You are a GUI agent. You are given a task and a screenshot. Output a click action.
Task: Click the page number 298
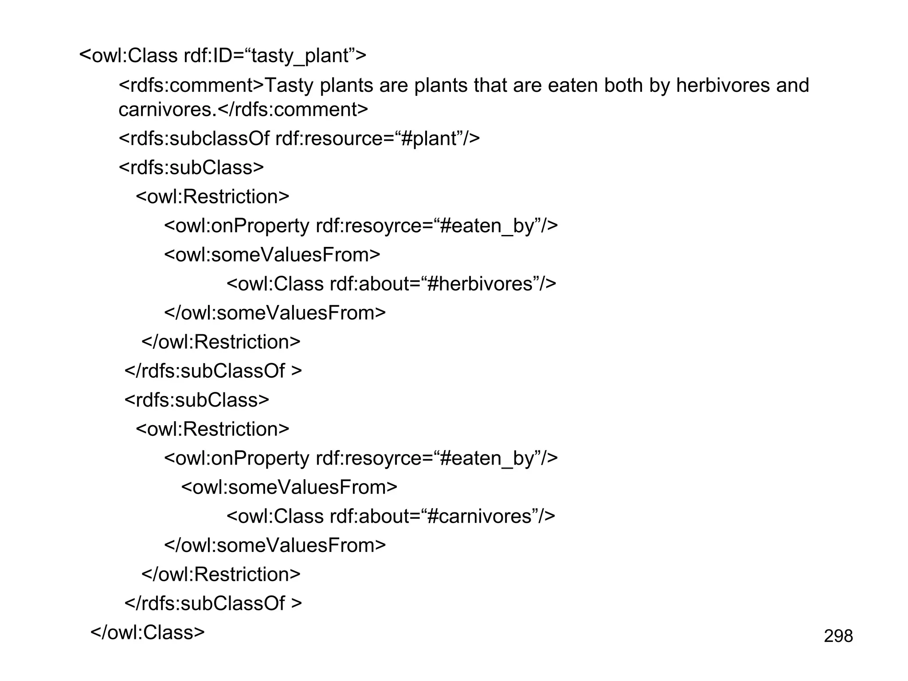[838, 636]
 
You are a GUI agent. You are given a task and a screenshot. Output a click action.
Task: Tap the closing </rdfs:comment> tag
[293, 110]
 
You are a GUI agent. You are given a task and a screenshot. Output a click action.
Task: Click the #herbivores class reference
[480, 284]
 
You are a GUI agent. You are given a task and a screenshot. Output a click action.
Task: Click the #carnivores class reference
[479, 517]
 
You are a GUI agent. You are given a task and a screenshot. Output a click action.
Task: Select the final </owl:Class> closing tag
[148, 632]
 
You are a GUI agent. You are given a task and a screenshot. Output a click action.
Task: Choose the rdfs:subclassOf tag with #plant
[200, 139]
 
